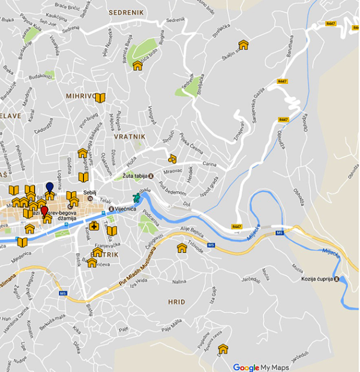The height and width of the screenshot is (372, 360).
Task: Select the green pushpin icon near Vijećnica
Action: pos(137,197)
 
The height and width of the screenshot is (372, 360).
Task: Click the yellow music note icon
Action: pos(172,159)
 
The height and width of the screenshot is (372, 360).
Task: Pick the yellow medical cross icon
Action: pos(94,226)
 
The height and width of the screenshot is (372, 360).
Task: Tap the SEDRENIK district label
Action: pos(124,11)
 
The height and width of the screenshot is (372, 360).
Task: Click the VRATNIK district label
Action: pos(130,137)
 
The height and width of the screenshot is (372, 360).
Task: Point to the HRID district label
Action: pos(176,302)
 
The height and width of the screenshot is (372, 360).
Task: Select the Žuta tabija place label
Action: pos(135,176)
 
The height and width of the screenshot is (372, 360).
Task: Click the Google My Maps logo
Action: pos(260,367)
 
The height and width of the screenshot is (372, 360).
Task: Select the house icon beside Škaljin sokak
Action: pos(243,45)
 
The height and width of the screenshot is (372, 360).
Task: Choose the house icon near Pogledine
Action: pos(223,349)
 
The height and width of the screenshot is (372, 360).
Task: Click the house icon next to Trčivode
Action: pos(182,248)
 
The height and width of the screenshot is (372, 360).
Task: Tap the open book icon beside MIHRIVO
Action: pos(100,98)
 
